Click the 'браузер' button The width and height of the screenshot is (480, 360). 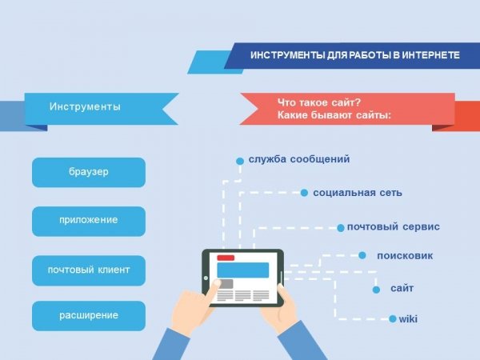click(89, 172)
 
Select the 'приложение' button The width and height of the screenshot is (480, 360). click(89, 221)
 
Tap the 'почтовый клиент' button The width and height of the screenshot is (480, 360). click(89, 270)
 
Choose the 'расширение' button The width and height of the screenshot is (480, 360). click(89, 316)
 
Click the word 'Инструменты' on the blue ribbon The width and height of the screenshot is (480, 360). click(85, 106)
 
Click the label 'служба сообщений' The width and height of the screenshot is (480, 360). click(299, 159)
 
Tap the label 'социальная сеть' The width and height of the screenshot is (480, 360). click(358, 193)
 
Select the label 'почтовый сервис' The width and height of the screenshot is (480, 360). click(394, 227)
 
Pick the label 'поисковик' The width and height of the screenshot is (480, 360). click(405, 256)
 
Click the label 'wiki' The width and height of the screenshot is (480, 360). click(408, 319)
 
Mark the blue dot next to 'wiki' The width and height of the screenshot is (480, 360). click(393, 319)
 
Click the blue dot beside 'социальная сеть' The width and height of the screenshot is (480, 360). click(304, 193)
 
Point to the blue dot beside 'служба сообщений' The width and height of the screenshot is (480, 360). click(240, 161)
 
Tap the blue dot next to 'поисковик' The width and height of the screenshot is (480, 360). click(362, 255)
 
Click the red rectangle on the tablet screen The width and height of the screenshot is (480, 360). click(226, 258)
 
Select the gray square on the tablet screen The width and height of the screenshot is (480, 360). click(225, 284)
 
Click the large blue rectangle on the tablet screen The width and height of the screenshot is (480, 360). click(243, 270)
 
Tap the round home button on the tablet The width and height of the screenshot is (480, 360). click(206, 278)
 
